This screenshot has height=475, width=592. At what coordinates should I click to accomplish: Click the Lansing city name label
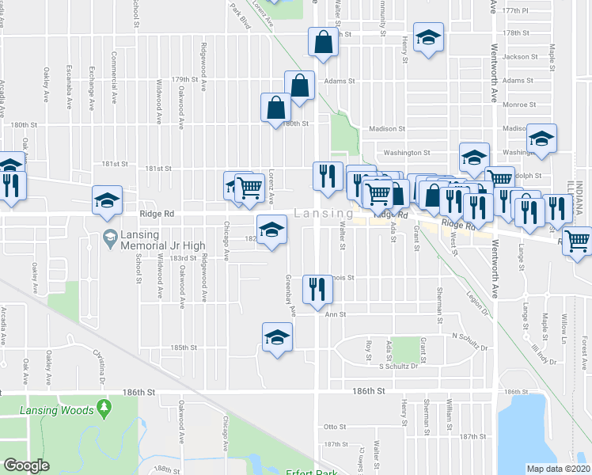324,214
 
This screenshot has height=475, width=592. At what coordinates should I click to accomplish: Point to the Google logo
26,465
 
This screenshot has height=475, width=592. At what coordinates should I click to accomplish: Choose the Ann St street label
337,314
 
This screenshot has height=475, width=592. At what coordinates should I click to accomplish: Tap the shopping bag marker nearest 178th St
324,43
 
